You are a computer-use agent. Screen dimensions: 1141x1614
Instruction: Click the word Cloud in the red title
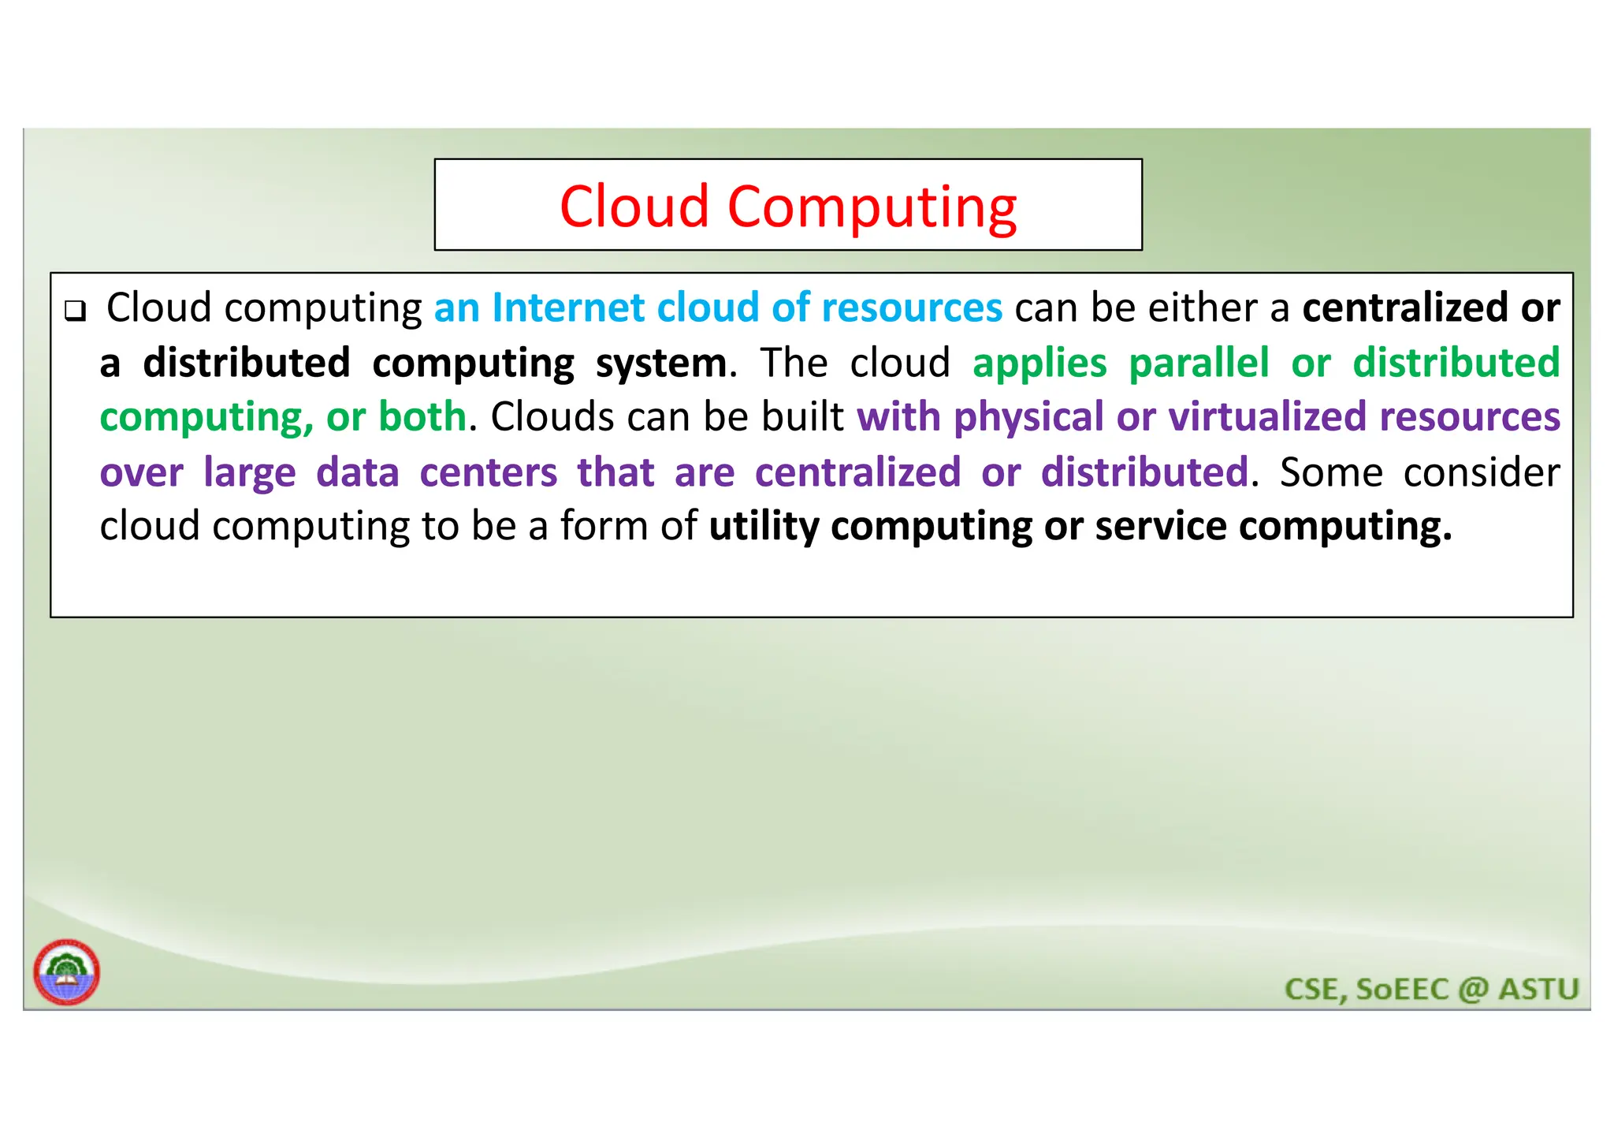[x=634, y=207]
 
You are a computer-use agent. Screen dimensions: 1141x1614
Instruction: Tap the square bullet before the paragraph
[x=75, y=310]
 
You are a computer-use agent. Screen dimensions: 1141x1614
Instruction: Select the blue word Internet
[x=568, y=308]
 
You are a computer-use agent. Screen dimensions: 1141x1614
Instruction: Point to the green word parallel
[x=1199, y=363]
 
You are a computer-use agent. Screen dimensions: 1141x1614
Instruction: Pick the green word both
[x=422, y=416]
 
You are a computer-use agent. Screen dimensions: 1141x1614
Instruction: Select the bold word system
[x=661, y=364]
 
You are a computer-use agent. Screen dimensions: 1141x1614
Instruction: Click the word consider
[x=1481, y=472]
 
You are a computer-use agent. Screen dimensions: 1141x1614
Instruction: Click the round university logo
[x=67, y=972]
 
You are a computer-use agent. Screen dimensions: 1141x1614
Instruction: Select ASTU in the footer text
[x=1538, y=989]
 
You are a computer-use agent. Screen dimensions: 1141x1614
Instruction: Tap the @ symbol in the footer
[x=1473, y=989]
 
